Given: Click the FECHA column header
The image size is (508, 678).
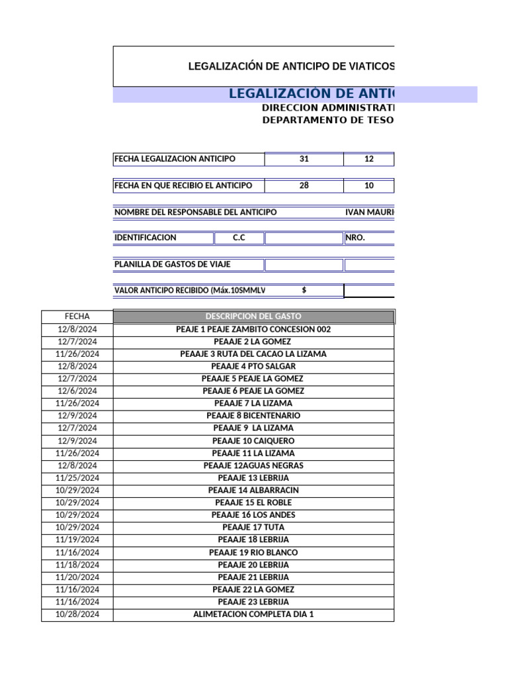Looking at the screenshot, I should (x=77, y=316).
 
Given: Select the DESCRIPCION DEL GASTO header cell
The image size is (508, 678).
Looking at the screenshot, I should (x=253, y=316).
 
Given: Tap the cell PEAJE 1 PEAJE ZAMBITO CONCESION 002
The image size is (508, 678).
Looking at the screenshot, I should (x=253, y=329).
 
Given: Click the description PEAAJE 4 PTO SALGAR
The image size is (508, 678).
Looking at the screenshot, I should (x=253, y=366).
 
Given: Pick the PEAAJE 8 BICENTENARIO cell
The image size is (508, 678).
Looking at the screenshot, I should (x=253, y=416).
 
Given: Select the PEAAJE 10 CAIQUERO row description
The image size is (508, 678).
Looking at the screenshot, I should (x=253, y=441).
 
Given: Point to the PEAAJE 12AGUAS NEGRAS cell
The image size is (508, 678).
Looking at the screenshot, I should (x=253, y=465).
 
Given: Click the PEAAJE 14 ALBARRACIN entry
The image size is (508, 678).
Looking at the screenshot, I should (x=253, y=491).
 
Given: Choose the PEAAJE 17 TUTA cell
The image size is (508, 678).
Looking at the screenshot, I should (x=253, y=528).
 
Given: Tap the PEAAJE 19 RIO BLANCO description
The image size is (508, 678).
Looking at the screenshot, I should (x=253, y=552).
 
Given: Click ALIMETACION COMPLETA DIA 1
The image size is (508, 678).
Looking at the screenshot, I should (x=253, y=614).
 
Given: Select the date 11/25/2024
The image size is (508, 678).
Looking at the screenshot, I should (x=77, y=478).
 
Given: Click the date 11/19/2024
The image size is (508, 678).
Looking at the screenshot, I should (x=77, y=540).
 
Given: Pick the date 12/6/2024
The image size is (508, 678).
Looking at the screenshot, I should (x=77, y=391).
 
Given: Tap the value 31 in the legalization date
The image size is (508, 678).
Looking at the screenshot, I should (x=304, y=159).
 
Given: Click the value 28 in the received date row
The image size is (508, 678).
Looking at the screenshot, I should (x=304, y=185).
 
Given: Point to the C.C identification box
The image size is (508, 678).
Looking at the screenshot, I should (x=239, y=238).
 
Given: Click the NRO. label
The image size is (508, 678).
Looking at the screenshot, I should (x=355, y=238).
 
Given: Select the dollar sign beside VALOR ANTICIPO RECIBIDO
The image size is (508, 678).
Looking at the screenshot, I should (x=304, y=290).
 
